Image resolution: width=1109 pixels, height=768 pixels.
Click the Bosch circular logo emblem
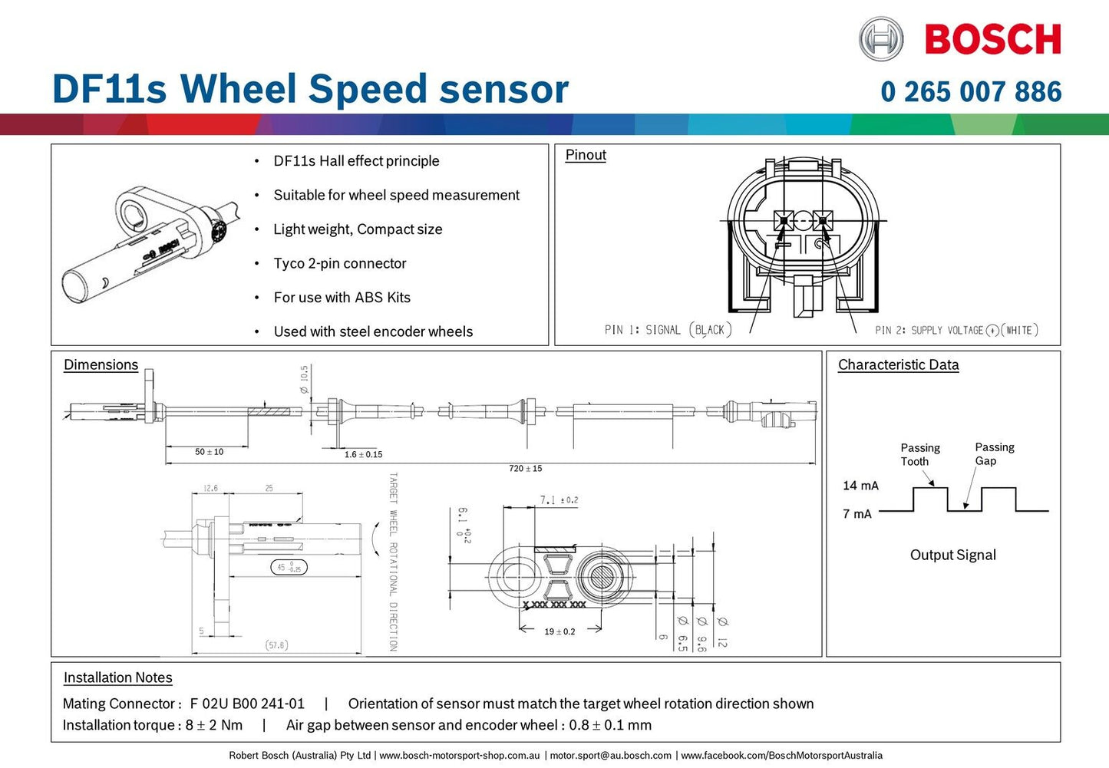[881, 39]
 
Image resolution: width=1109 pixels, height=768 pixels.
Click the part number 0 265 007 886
[971, 92]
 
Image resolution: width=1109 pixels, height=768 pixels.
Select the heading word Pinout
[586, 155]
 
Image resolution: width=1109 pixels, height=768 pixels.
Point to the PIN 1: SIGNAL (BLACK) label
[668, 330]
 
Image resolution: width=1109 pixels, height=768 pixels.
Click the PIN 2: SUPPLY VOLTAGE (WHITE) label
[956, 330]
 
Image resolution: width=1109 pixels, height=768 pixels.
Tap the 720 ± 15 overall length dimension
[526, 468]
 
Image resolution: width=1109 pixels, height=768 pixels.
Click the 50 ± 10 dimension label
[209, 452]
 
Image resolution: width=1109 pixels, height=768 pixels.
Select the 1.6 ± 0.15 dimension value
[363, 454]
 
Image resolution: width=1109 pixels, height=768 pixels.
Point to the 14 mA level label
[860, 486]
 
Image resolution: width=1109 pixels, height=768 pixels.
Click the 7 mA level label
[857, 514]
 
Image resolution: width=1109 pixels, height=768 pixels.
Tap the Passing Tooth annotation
[919, 454]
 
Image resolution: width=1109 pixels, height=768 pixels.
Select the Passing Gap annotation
[994, 453]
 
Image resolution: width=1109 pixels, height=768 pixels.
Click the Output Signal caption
[952, 555]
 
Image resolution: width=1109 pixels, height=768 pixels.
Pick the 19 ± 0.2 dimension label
[559, 631]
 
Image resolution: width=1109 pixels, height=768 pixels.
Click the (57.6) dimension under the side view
[276, 645]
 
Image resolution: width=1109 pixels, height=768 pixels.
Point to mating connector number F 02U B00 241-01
[247, 704]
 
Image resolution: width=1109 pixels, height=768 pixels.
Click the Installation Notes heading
[117, 677]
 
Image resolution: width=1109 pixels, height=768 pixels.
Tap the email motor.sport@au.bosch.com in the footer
[610, 756]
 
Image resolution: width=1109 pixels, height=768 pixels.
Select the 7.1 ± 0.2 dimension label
[559, 500]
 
